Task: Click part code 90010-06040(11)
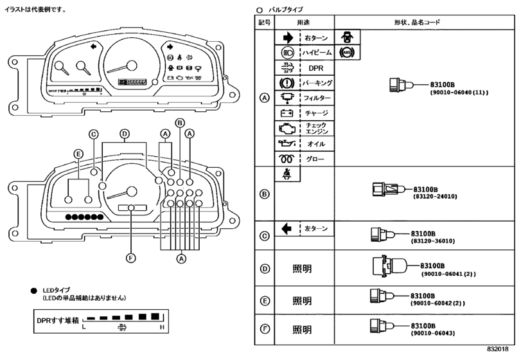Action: pyautogui.click(x=459, y=93)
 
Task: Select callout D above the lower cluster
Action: pyautogui.click(x=125, y=134)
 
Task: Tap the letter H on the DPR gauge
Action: pyautogui.click(x=161, y=328)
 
